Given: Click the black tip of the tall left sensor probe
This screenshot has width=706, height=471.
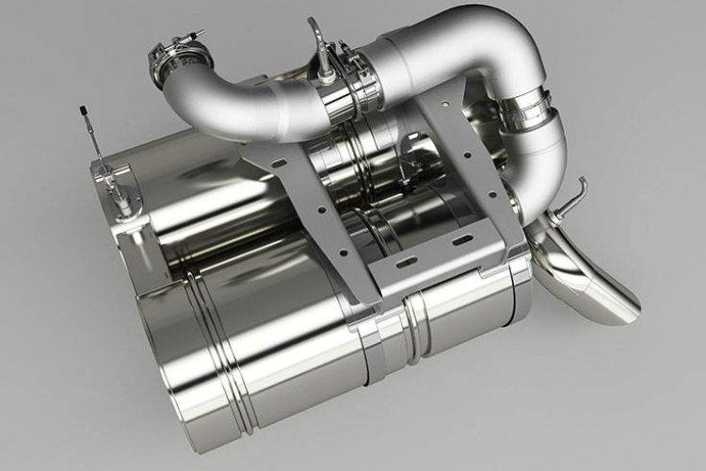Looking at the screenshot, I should pos(84,114).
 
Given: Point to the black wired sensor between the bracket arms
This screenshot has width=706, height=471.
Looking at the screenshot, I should pos(409,170).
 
